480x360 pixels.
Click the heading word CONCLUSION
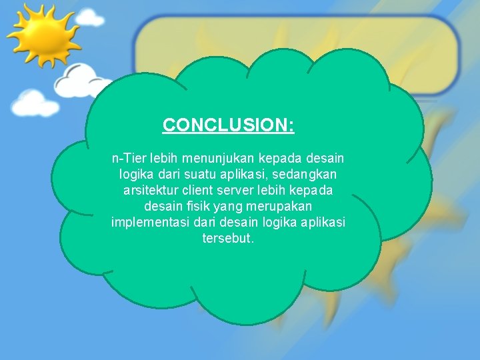(x=227, y=125)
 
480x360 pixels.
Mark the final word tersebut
(x=227, y=238)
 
